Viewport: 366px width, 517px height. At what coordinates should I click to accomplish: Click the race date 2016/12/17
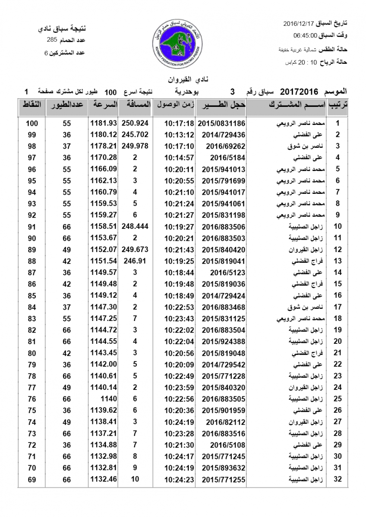(x=300, y=22)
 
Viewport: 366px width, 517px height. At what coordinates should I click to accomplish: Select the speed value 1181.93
(x=104, y=123)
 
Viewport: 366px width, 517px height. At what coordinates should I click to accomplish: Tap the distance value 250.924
(x=135, y=123)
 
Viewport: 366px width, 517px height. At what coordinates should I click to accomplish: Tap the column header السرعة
(x=104, y=105)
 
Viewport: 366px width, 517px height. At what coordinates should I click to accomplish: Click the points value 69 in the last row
(x=32, y=479)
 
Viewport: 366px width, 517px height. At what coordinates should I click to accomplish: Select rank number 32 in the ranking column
(x=338, y=479)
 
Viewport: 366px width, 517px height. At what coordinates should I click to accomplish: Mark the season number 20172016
(x=299, y=91)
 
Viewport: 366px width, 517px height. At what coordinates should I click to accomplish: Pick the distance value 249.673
(x=135, y=249)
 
